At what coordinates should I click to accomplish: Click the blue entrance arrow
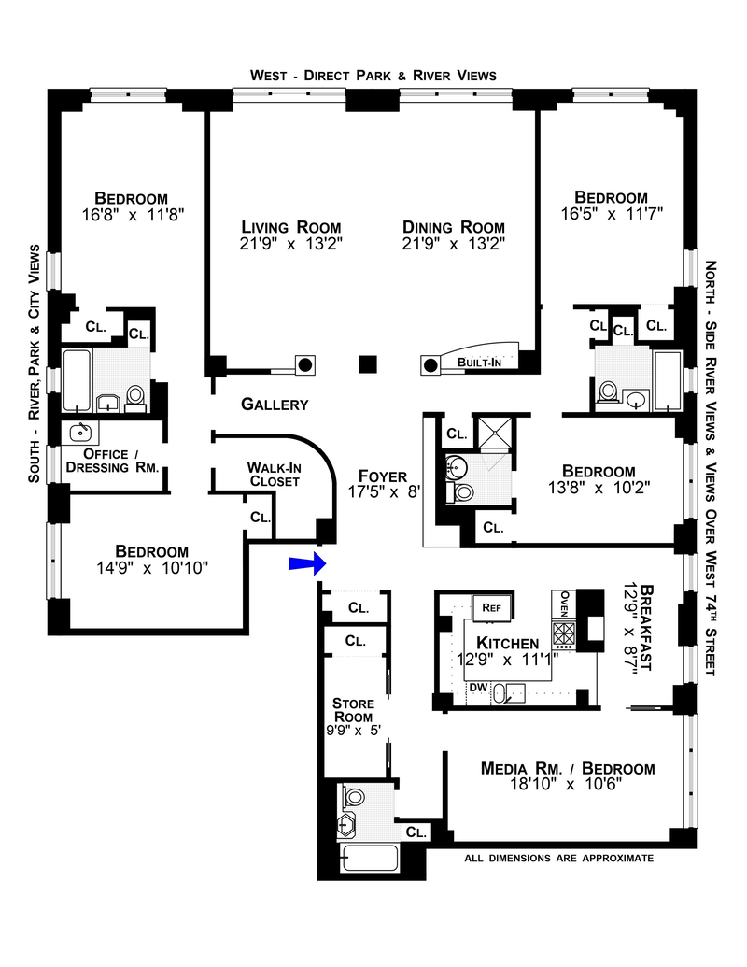coord(305,562)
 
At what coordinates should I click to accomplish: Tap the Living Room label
coord(290,227)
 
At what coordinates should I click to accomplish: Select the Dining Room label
coord(453,227)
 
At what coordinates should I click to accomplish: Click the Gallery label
coord(275,405)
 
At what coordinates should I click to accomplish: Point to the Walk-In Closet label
coord(273,474)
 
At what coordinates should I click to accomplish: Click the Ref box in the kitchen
coord(492,607)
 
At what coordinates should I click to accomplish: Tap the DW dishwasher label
coord(477,689)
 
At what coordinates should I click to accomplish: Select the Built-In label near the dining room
coord(481,362)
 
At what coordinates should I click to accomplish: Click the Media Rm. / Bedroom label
coord(568,769)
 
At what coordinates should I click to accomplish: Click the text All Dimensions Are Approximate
coord(558,858)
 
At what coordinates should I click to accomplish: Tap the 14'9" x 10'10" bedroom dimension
coord(151,566)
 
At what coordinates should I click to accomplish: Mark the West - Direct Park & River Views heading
coord(373,76)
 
